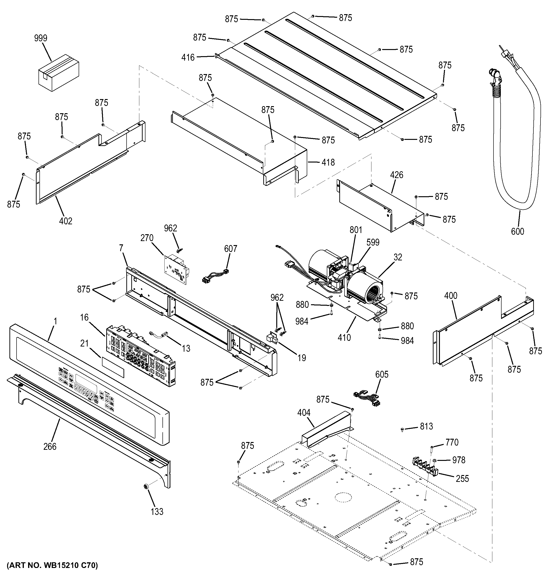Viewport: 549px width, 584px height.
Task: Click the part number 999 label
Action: click(41, 38)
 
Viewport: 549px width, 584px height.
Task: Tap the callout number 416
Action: click(188, 57)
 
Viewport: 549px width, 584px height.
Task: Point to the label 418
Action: click(328, 162)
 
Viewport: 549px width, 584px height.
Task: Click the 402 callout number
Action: click(66, 221)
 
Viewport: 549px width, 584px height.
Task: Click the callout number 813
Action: click(426, 426)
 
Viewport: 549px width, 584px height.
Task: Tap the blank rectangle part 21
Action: click(113, 367)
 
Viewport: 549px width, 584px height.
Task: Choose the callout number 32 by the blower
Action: click(398, 257)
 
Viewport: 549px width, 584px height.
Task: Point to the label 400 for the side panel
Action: click(451, 296)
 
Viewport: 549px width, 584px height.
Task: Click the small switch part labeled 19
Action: click(272, 339)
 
